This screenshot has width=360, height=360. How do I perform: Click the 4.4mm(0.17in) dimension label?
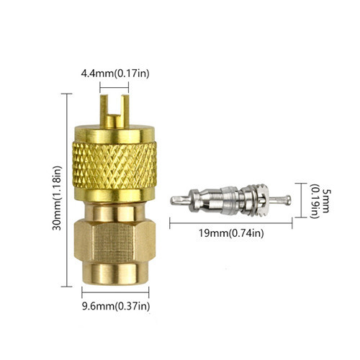pos(115,73)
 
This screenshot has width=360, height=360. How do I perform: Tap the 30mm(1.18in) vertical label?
pos(57,198)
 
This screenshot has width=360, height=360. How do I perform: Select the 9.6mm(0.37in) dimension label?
pos(116,306)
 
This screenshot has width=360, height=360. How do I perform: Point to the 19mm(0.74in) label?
pos(231,233)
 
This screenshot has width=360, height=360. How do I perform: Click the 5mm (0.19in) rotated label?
pos(319,201)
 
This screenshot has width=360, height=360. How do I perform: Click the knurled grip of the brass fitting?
pos(114,166)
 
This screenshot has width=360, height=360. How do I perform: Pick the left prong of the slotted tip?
pos(104,111)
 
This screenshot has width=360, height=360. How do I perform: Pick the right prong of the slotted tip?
pos(125,110)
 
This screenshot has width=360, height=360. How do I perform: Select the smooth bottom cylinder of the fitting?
pos(115,274)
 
